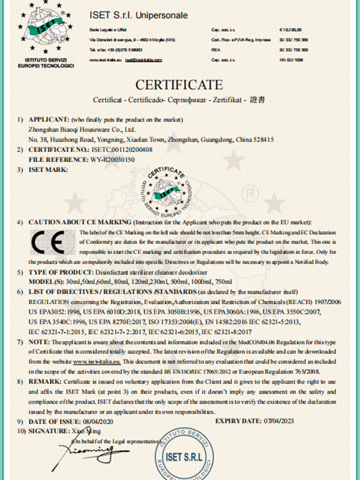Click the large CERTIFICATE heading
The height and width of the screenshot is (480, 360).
pyautogui.click(x=179, y=83)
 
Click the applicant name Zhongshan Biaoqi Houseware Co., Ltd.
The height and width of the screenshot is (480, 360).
pyautogui.click(x=82, y=128)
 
